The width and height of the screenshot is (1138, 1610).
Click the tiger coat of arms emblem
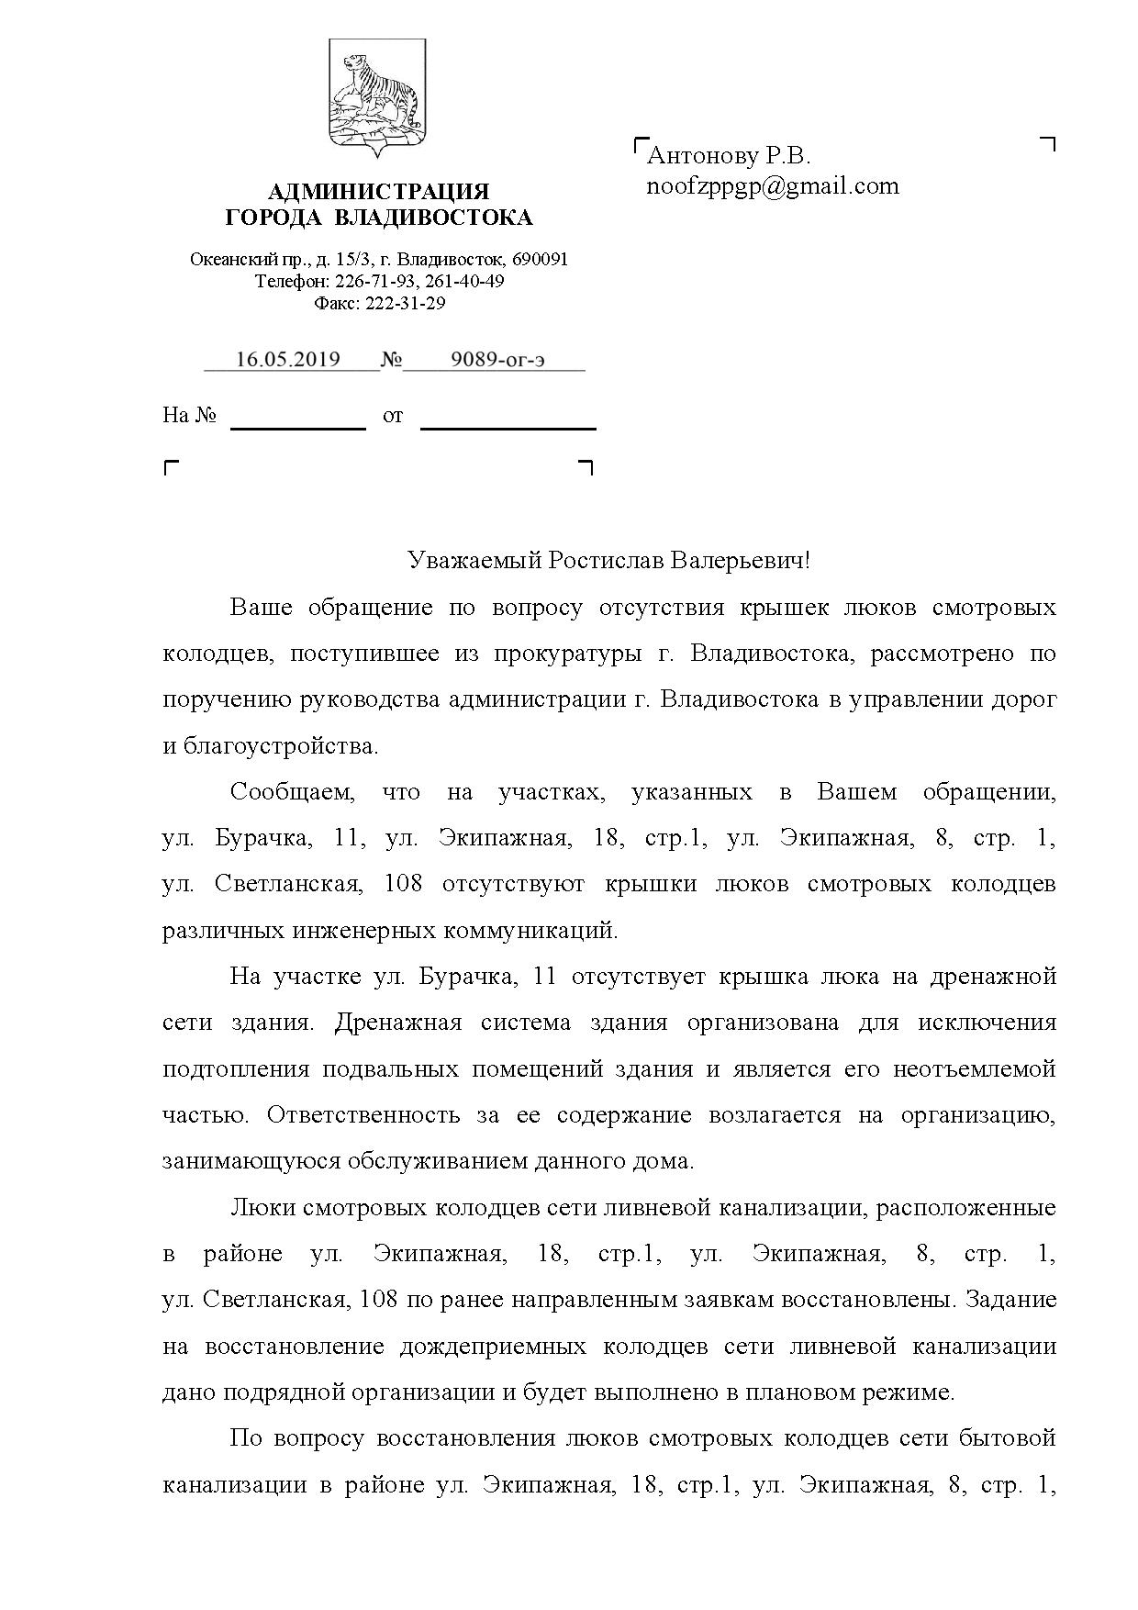point(376,98)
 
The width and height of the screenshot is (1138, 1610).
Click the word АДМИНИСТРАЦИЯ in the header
point(378,192)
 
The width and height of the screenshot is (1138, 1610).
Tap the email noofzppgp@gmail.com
point(773,186)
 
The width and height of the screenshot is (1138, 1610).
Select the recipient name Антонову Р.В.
point(730,156)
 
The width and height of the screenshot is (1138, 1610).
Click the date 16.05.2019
point(288,360)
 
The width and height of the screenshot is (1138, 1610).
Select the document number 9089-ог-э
point(497,360)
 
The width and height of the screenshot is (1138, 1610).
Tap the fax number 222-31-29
point(406,303)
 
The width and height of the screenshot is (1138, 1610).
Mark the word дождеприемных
point(492,1347)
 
